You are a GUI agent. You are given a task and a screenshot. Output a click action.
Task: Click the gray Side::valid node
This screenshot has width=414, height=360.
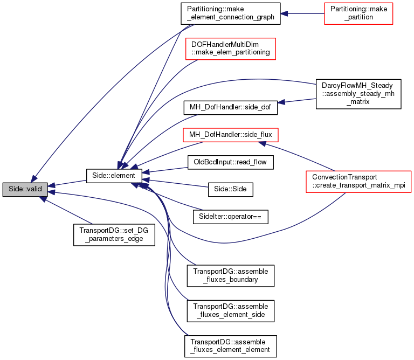click(25, 189)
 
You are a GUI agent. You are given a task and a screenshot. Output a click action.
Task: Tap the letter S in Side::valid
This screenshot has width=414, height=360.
click(11, 189)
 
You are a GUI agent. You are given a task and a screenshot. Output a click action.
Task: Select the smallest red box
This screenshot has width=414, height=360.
click(358, 13)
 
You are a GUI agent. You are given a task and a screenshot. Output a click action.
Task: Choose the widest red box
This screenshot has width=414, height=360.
click(358, 181)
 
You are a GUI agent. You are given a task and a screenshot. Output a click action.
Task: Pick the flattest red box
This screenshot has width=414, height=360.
click(231, 135)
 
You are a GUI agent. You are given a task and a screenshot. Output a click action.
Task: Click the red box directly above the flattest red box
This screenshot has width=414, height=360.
click(231, 49)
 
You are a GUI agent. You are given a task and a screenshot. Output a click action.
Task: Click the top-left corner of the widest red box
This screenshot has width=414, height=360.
click(306, 171)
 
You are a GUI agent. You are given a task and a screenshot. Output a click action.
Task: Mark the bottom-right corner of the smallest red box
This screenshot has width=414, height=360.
click(393, 24)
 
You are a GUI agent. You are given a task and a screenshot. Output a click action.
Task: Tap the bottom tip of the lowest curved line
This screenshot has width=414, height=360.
click(188, 335)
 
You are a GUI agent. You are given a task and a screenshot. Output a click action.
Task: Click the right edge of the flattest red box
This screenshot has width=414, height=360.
click(278, 135)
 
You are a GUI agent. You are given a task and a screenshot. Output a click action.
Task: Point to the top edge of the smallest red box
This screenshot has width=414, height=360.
click(358, 3)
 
